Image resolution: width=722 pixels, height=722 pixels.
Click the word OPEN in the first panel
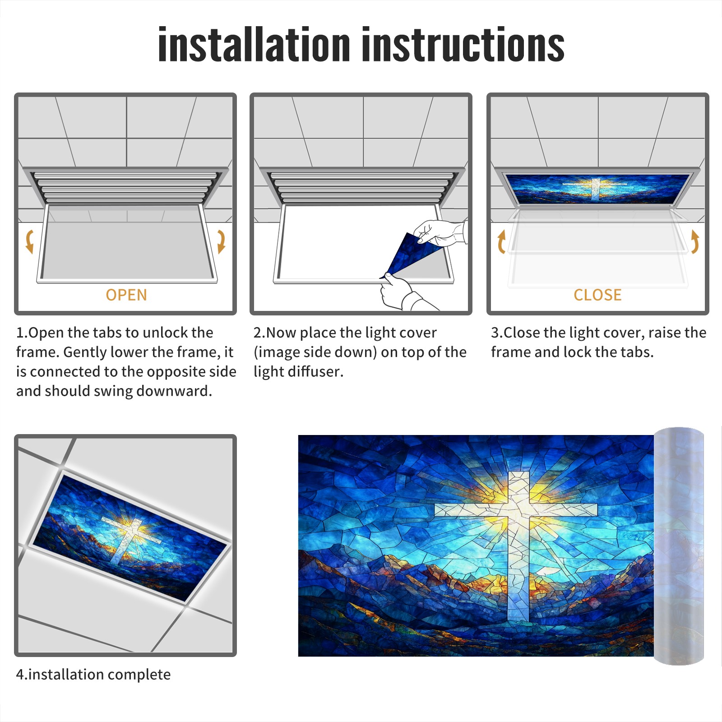[x=126, y=295]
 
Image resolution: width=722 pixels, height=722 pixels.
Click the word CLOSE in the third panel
[x=597, y=295]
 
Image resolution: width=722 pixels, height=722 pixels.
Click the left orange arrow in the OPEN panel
[x=29, y=241]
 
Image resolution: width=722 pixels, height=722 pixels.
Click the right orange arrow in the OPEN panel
[x=221, y=241]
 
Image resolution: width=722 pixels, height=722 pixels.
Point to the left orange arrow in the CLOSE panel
[x=501, y=241]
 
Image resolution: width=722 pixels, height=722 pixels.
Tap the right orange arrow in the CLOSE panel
[x=695, y=241]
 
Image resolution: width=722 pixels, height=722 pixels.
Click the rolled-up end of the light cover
[x=679, y=546]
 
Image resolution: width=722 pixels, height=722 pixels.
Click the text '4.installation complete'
[x=93, y=675]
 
